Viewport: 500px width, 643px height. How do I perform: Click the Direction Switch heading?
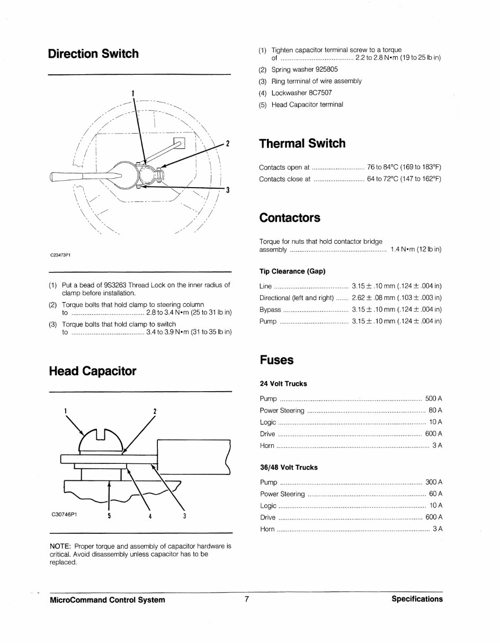[x=93, y=54]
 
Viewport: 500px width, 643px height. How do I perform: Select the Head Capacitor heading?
[x=92, y=371]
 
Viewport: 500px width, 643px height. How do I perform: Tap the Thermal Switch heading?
[x=302, y=144]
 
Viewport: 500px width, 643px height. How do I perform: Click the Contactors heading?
[x=290, y=218]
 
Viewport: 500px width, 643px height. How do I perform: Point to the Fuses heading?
[x=276, y=360]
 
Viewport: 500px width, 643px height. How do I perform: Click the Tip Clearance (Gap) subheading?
[x=292, y=271]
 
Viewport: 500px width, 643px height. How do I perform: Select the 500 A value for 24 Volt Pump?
[x=433, y=398]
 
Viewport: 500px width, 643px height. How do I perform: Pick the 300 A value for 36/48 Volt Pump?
[x=433, y=482]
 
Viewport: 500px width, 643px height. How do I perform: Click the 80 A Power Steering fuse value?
[x=435, y=410]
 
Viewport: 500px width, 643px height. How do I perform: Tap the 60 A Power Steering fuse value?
[x=435, y=494]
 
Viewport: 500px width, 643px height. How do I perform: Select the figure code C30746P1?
[x=64, y=514]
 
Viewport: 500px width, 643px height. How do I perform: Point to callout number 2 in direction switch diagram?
[x=227, y=144]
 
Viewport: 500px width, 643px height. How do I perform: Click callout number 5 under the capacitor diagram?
[x=109, y=516]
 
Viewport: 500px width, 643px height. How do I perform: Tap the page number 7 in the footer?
[x=246, y=599]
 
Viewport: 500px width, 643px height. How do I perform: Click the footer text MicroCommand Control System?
[x=107, y=600]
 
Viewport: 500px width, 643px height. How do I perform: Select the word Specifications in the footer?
[x=417, y=599]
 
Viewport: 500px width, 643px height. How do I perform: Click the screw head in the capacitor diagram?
[x=100, y=439]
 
